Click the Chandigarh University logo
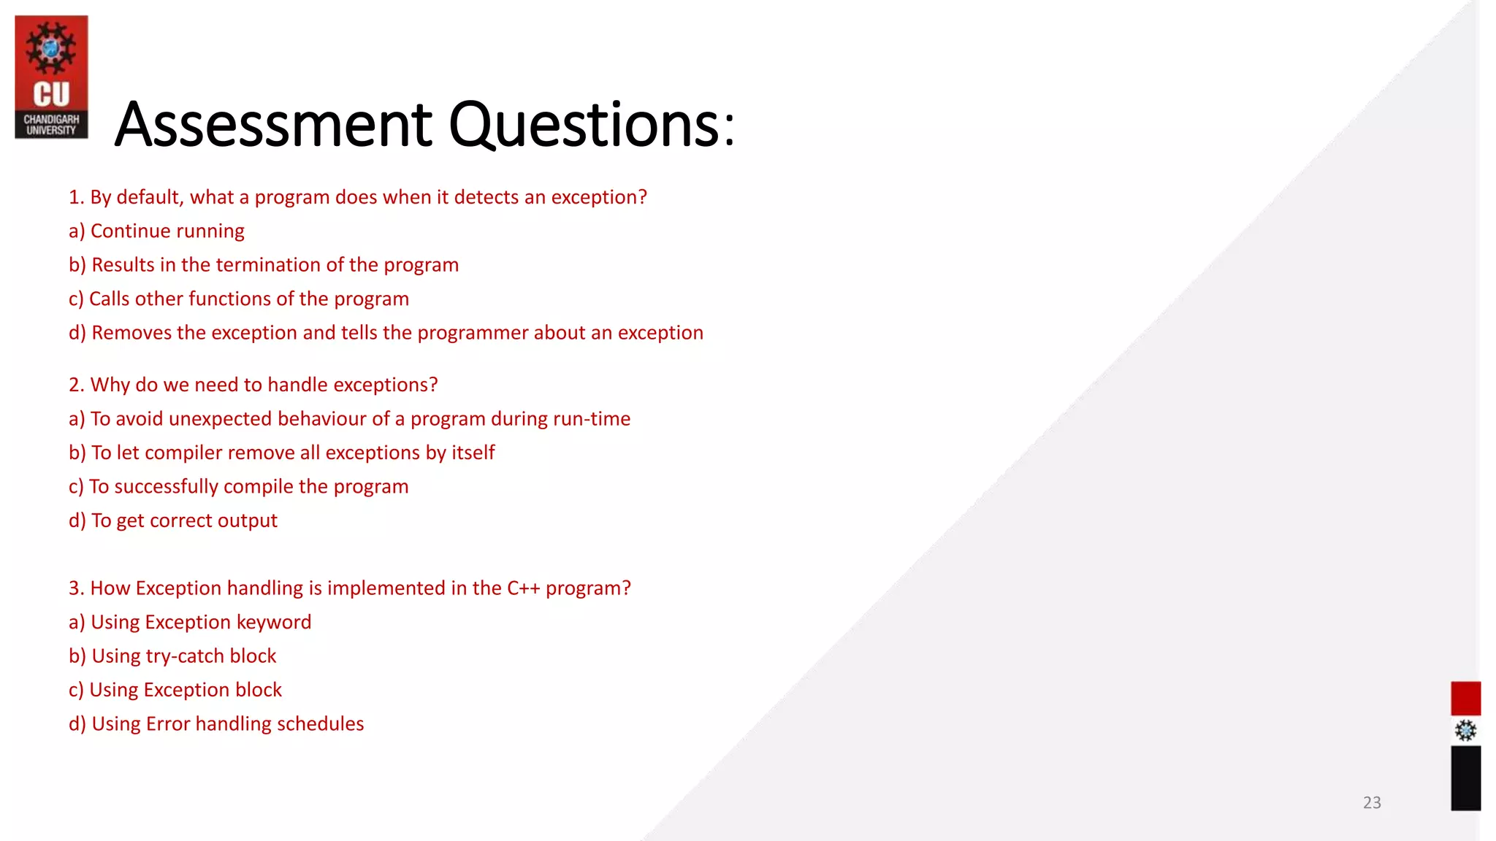tap(51, 77)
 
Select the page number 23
tap(1372, 802)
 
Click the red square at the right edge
tap(1465, 698)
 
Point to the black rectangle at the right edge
tap(1465, 777)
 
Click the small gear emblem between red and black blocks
tap(1465, 730)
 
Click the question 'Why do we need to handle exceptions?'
tap(253, 385)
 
